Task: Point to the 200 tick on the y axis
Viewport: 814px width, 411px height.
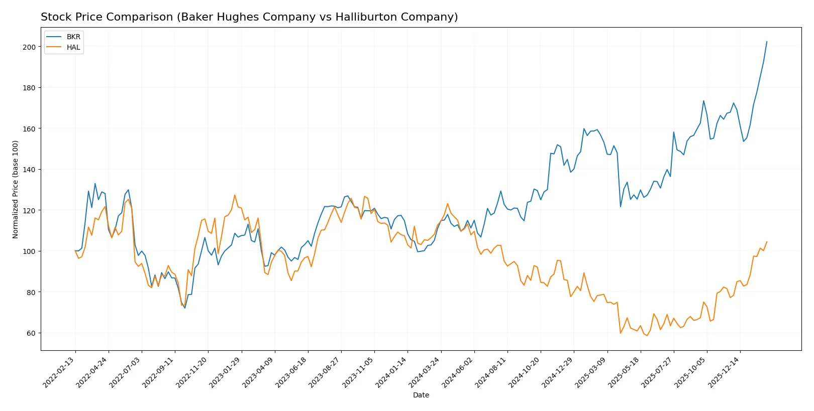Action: pyautogui.click(x=30, y=47)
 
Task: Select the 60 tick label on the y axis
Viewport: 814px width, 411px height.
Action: pyautogui.click(x=31, y=333)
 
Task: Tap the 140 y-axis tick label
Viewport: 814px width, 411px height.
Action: pyautogui.click(x=30, y=170)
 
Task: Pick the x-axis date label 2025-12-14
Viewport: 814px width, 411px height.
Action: pyautogui.click(x=724, y=372)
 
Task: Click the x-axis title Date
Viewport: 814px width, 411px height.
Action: pyautogui.click(x=421, y=395)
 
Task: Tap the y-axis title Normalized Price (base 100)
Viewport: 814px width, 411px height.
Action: pyautogui.click(x=16, y=189)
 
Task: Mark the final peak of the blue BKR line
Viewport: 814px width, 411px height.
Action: pyautogui.click(x=767, y=42)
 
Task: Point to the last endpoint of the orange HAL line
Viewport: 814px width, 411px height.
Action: pyautogui.click(x=767, y=242)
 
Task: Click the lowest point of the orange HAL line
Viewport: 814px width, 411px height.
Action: pyautogui.click(x=647, y=335)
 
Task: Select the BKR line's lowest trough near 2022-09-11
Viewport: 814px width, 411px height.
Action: pyautogui.click(x=185, y=308)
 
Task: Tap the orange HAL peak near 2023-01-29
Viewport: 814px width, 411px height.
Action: pyautogui.click(x=235, y=195)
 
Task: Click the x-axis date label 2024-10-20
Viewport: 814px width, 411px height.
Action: pyautogui.click(x=525, y=372)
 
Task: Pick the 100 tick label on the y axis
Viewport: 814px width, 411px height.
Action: pyautogui.click(x=30, y=251)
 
